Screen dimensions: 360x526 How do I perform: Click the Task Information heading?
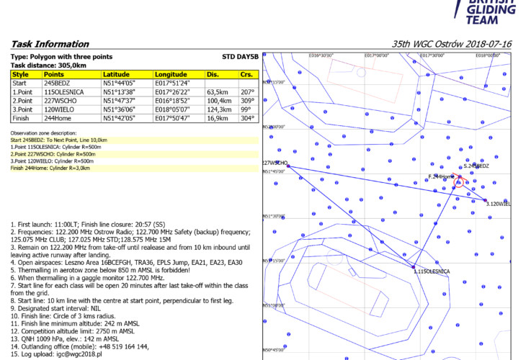tap(50, 44)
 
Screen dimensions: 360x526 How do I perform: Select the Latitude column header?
tap(117, 74)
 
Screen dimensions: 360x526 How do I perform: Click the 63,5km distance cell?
tap(218, 92)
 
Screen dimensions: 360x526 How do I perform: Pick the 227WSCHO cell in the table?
tap(60, 100)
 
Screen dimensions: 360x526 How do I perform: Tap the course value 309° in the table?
tap(246, 100)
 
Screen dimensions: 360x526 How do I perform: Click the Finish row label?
tap(20, 117)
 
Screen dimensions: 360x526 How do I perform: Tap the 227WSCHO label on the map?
tap(275, 163)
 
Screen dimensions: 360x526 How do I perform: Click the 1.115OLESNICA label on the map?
tap(432, 271)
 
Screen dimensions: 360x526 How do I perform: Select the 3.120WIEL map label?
tap(499, 204)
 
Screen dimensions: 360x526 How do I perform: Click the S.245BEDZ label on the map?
tap(477, 166)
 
